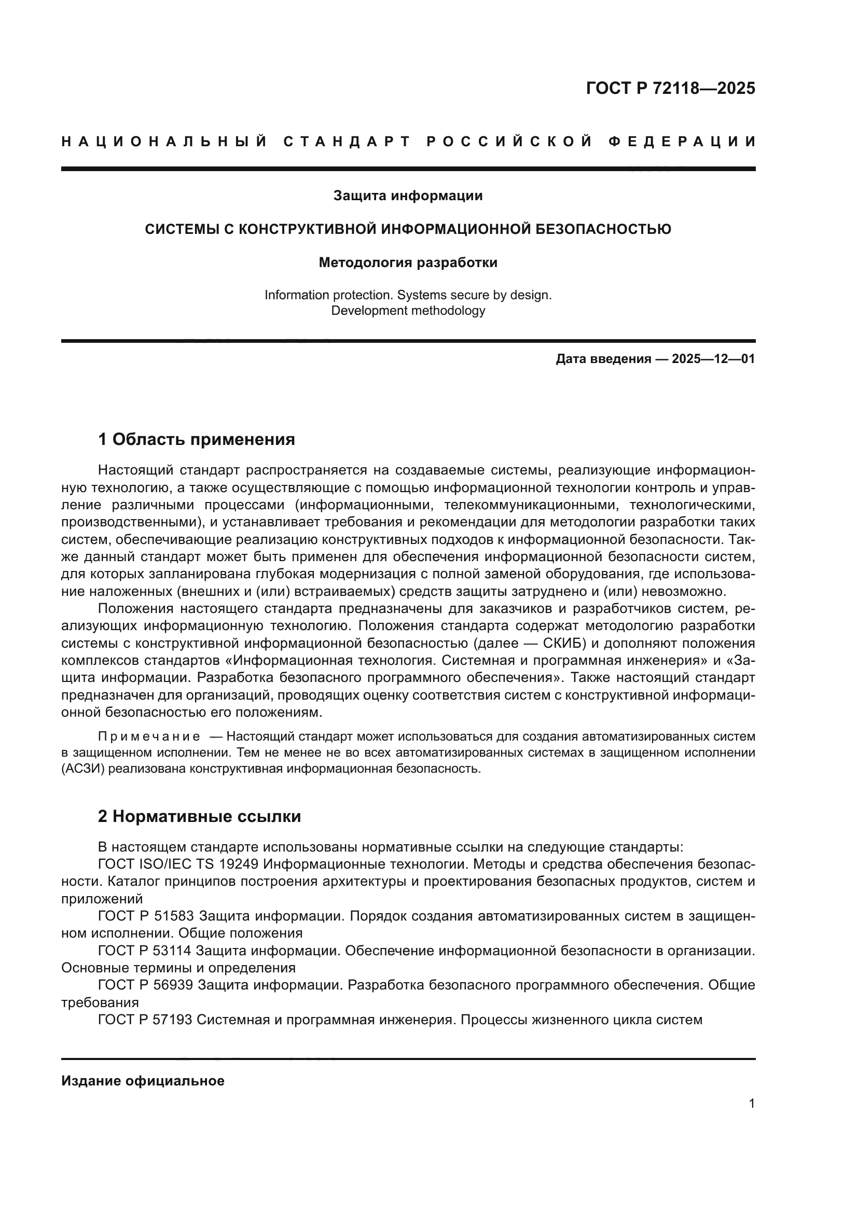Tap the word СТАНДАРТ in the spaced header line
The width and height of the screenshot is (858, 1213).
[347, 142]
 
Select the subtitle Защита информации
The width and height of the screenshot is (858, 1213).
[408, 196]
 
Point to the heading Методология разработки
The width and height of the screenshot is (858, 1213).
[408, 262]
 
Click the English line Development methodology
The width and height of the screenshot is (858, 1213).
[408, 311]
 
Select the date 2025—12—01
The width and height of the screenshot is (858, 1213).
[713, 359]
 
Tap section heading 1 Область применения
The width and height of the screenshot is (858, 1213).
[196, 440]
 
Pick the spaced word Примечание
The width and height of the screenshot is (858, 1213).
[149, 736]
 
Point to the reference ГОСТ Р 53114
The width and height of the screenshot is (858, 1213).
[146, 951]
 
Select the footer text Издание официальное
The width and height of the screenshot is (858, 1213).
[143, 1081]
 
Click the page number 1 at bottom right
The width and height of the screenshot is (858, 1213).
[752, 1119]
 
